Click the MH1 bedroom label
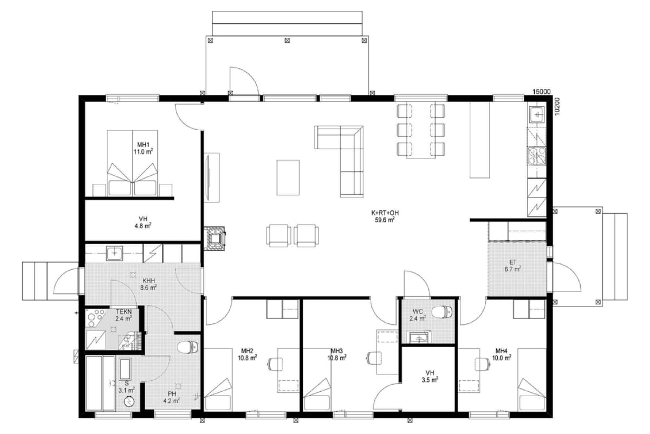(143, 144)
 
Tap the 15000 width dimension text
(541, 92)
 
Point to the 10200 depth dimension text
(557, 106)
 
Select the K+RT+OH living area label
(385, 213)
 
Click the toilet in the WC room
(441, 312)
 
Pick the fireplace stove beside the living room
(214, 238)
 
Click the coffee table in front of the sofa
(288, 177)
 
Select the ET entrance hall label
(513, 262)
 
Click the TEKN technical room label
(124, 311)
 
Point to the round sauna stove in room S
(129, 402)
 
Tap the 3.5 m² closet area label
(430, 379)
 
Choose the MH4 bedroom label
(502, 351)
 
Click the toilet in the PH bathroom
(187, 347)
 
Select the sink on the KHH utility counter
(115, 253)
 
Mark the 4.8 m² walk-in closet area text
(143, 226)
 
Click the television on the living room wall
(208, 177)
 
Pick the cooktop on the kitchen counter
(537, 156)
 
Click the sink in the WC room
(420, 337)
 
